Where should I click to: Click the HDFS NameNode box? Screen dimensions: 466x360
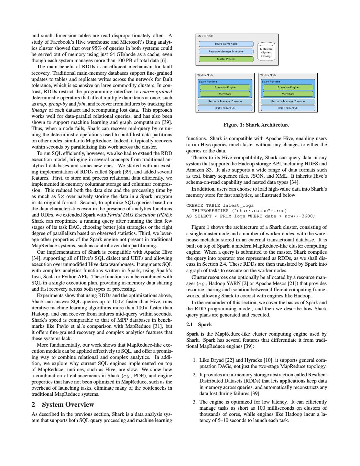[x=226, y=44]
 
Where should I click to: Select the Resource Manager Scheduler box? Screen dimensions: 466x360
[x=226, y=51]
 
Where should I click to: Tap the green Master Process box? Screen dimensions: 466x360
[x=226, y=59]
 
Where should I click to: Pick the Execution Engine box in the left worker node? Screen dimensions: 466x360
[x=225, y=87]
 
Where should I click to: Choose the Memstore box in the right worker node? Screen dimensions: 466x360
[x=288, y=94]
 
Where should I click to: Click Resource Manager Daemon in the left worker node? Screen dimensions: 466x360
[x=225, y=101]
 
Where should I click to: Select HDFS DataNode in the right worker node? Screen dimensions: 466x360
[x=288, y=108]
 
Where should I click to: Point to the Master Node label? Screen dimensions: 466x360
[x=205, y=36]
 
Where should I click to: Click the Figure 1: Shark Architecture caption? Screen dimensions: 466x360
[x=256, y=125]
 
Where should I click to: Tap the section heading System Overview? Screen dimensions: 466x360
[x=68, y=405]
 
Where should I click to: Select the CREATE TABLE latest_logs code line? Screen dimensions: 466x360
[x=220, y=205]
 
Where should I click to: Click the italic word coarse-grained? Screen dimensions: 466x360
[x=156, y=92]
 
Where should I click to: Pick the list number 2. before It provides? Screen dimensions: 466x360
[x=195, y=375]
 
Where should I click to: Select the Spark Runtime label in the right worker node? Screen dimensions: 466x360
[x=271, y=82]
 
